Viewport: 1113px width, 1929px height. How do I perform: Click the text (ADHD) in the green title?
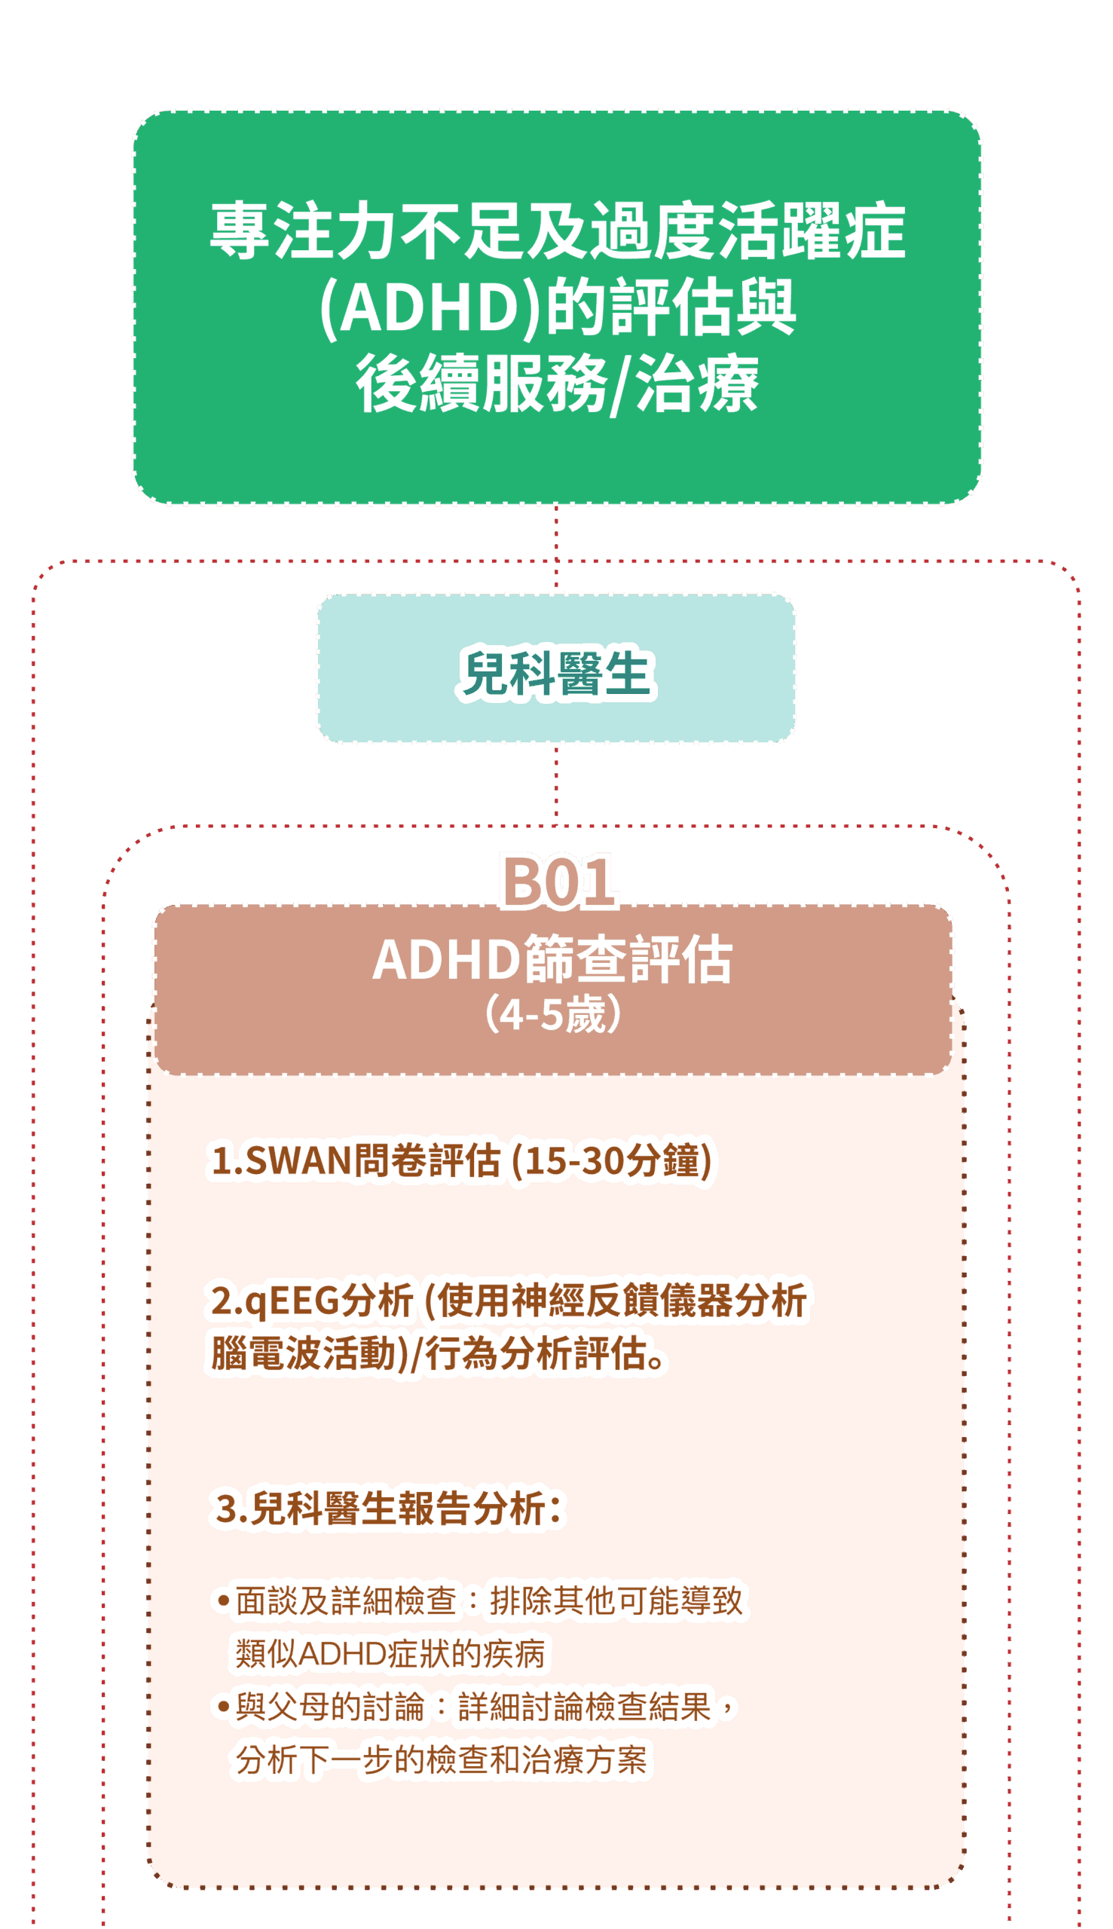433,307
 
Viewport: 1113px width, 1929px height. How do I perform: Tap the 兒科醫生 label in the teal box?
555,674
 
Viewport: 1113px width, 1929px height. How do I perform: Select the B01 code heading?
558,882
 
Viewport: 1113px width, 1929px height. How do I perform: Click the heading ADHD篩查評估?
552,960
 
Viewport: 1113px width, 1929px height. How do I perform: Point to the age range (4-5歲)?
552,1015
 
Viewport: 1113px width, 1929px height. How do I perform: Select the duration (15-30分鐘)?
612,1161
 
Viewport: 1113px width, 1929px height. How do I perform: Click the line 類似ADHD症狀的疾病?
390,1654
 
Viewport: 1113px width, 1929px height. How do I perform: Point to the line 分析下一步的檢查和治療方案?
441,1760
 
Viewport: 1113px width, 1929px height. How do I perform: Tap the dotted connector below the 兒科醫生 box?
555,783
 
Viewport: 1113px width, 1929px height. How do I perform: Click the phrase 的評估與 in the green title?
671,307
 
